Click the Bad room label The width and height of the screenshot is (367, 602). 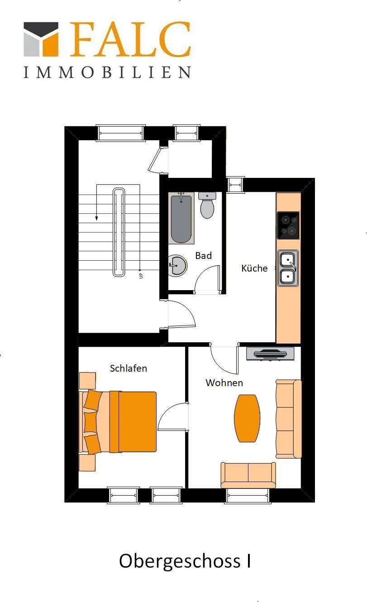click(x=203, y=256)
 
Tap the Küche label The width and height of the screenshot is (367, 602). click(x=254, y=268)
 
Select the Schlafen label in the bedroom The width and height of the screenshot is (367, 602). click(x=129, y=368)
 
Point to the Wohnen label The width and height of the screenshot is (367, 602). click(x=224, y=383)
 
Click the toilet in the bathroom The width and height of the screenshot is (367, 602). click(x=207, y=206)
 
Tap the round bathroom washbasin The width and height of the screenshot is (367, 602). click(x=177, y=265)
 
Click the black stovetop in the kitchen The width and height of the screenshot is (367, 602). click(x=288, y=225)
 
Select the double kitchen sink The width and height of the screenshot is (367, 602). click(x=288, y=268)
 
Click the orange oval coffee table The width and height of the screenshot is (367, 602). click(x=247, y=418)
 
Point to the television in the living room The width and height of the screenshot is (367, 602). click(x=270, y=354)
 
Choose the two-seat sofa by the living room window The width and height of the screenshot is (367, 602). click(x=248, y=474)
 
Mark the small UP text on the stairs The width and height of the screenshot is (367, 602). click(x=141, y=275)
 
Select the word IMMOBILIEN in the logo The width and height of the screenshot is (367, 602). click(x=107, y=72)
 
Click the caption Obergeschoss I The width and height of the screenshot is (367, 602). click(x=185, y=561)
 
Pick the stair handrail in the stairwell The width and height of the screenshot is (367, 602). click(x=118, y=232)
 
